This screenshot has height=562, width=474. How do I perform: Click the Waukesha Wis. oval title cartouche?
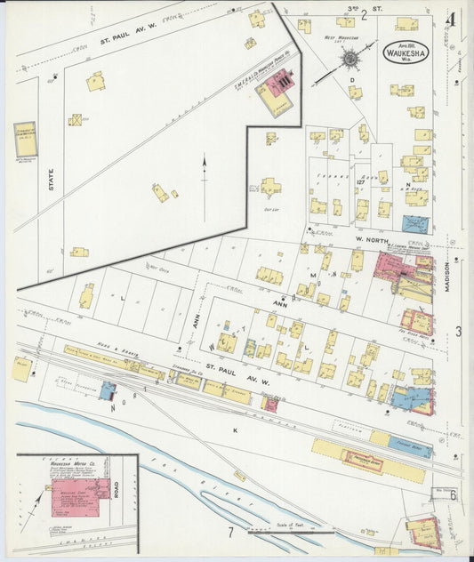405,52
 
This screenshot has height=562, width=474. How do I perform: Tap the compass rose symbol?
350,59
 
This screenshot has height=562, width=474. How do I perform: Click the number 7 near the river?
230,533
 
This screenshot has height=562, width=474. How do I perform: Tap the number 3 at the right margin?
458,332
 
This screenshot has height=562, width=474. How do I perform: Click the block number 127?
361,181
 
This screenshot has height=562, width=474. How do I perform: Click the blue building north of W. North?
414,223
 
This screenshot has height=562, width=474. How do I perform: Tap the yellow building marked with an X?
76,119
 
